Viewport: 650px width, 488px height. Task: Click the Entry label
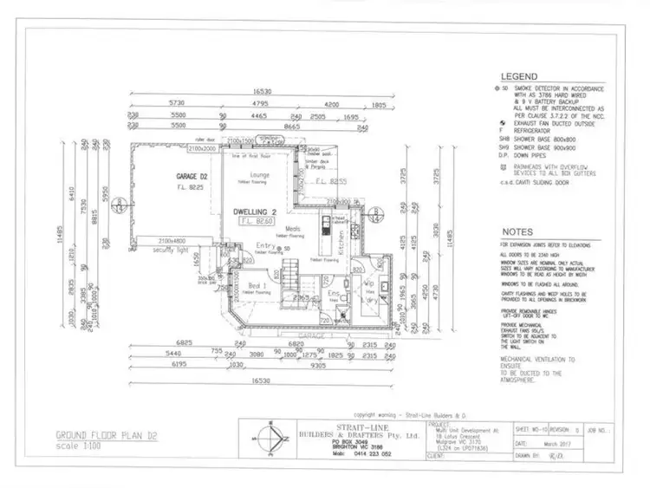[265, 246]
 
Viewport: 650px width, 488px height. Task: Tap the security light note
[171, 250]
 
